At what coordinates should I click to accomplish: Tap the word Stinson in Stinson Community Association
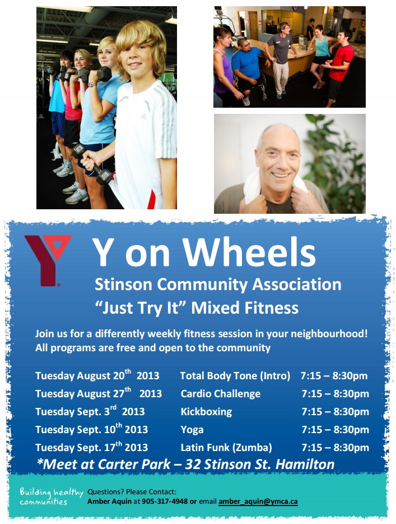[x=123, y=284]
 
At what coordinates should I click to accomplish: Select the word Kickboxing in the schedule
[x=206, y=412]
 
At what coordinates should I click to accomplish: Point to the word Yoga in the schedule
[x=192, y=430]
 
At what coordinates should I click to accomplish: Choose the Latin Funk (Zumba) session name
[x=226, y=448]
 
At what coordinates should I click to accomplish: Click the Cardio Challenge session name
[x=221, y=394]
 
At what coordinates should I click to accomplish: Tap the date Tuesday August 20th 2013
[x=97, y=375]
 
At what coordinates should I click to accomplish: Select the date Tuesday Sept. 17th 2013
[x=91, y=447]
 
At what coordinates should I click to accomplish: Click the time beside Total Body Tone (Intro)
[x=334, y=376]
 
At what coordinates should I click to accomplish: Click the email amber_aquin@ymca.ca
[x=258, y=501]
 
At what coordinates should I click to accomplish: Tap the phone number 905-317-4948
[x=165, y=501]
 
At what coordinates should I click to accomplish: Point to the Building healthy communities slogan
[x=51, y=497]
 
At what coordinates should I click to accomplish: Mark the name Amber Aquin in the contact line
[x=109, y=501]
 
